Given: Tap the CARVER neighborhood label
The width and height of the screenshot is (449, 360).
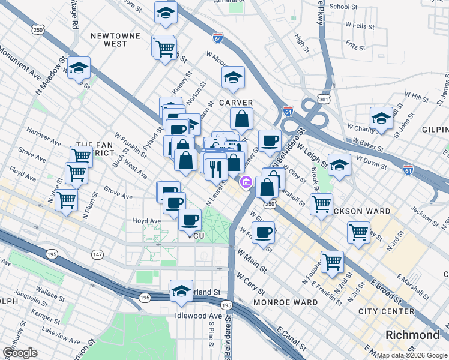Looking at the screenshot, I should pos(236,103).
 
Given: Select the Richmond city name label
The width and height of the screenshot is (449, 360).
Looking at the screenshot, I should pos(414,335).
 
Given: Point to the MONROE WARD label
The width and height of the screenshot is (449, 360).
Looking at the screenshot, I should pos(285,302).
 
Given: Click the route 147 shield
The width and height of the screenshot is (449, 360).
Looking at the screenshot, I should pos(97,238).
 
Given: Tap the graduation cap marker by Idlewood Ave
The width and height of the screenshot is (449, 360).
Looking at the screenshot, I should pos(181,290).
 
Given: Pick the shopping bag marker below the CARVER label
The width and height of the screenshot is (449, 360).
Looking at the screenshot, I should pos(241,119).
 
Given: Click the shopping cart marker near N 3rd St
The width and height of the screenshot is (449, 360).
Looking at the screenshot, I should pos(359,231).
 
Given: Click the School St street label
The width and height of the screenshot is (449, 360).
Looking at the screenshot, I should pos(343,7).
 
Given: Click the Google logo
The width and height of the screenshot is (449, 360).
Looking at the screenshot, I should pos(20,353).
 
